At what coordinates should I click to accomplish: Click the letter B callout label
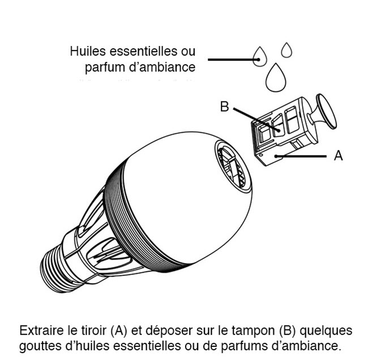point(225,107)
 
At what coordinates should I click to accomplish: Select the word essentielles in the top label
point(144,52)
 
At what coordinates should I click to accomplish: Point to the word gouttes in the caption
point(37,345)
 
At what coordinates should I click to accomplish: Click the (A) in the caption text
point(117,330)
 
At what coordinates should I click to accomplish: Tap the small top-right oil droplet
point(287,50)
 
